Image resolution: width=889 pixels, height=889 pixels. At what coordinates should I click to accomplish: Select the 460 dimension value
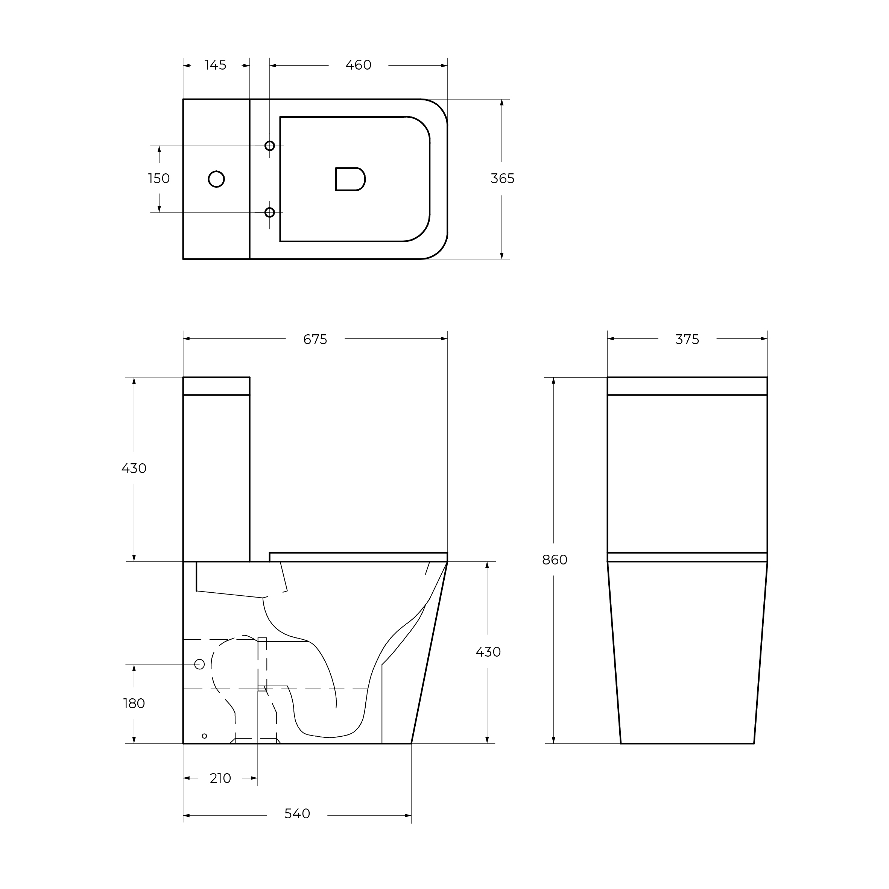pos(358,65)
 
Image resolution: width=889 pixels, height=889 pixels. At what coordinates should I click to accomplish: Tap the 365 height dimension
pos(502,179)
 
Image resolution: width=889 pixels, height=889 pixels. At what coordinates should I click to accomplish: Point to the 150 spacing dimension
pos(159,179)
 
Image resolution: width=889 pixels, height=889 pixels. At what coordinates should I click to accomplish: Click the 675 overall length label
pos(315,340)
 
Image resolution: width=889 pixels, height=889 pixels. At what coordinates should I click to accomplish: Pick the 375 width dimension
pos(687,340)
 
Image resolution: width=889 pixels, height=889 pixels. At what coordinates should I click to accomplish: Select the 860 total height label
pos(554,560)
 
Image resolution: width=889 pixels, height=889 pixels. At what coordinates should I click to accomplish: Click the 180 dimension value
pos(134,704)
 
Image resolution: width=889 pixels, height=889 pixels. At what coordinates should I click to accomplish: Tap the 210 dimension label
pos(220,778)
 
